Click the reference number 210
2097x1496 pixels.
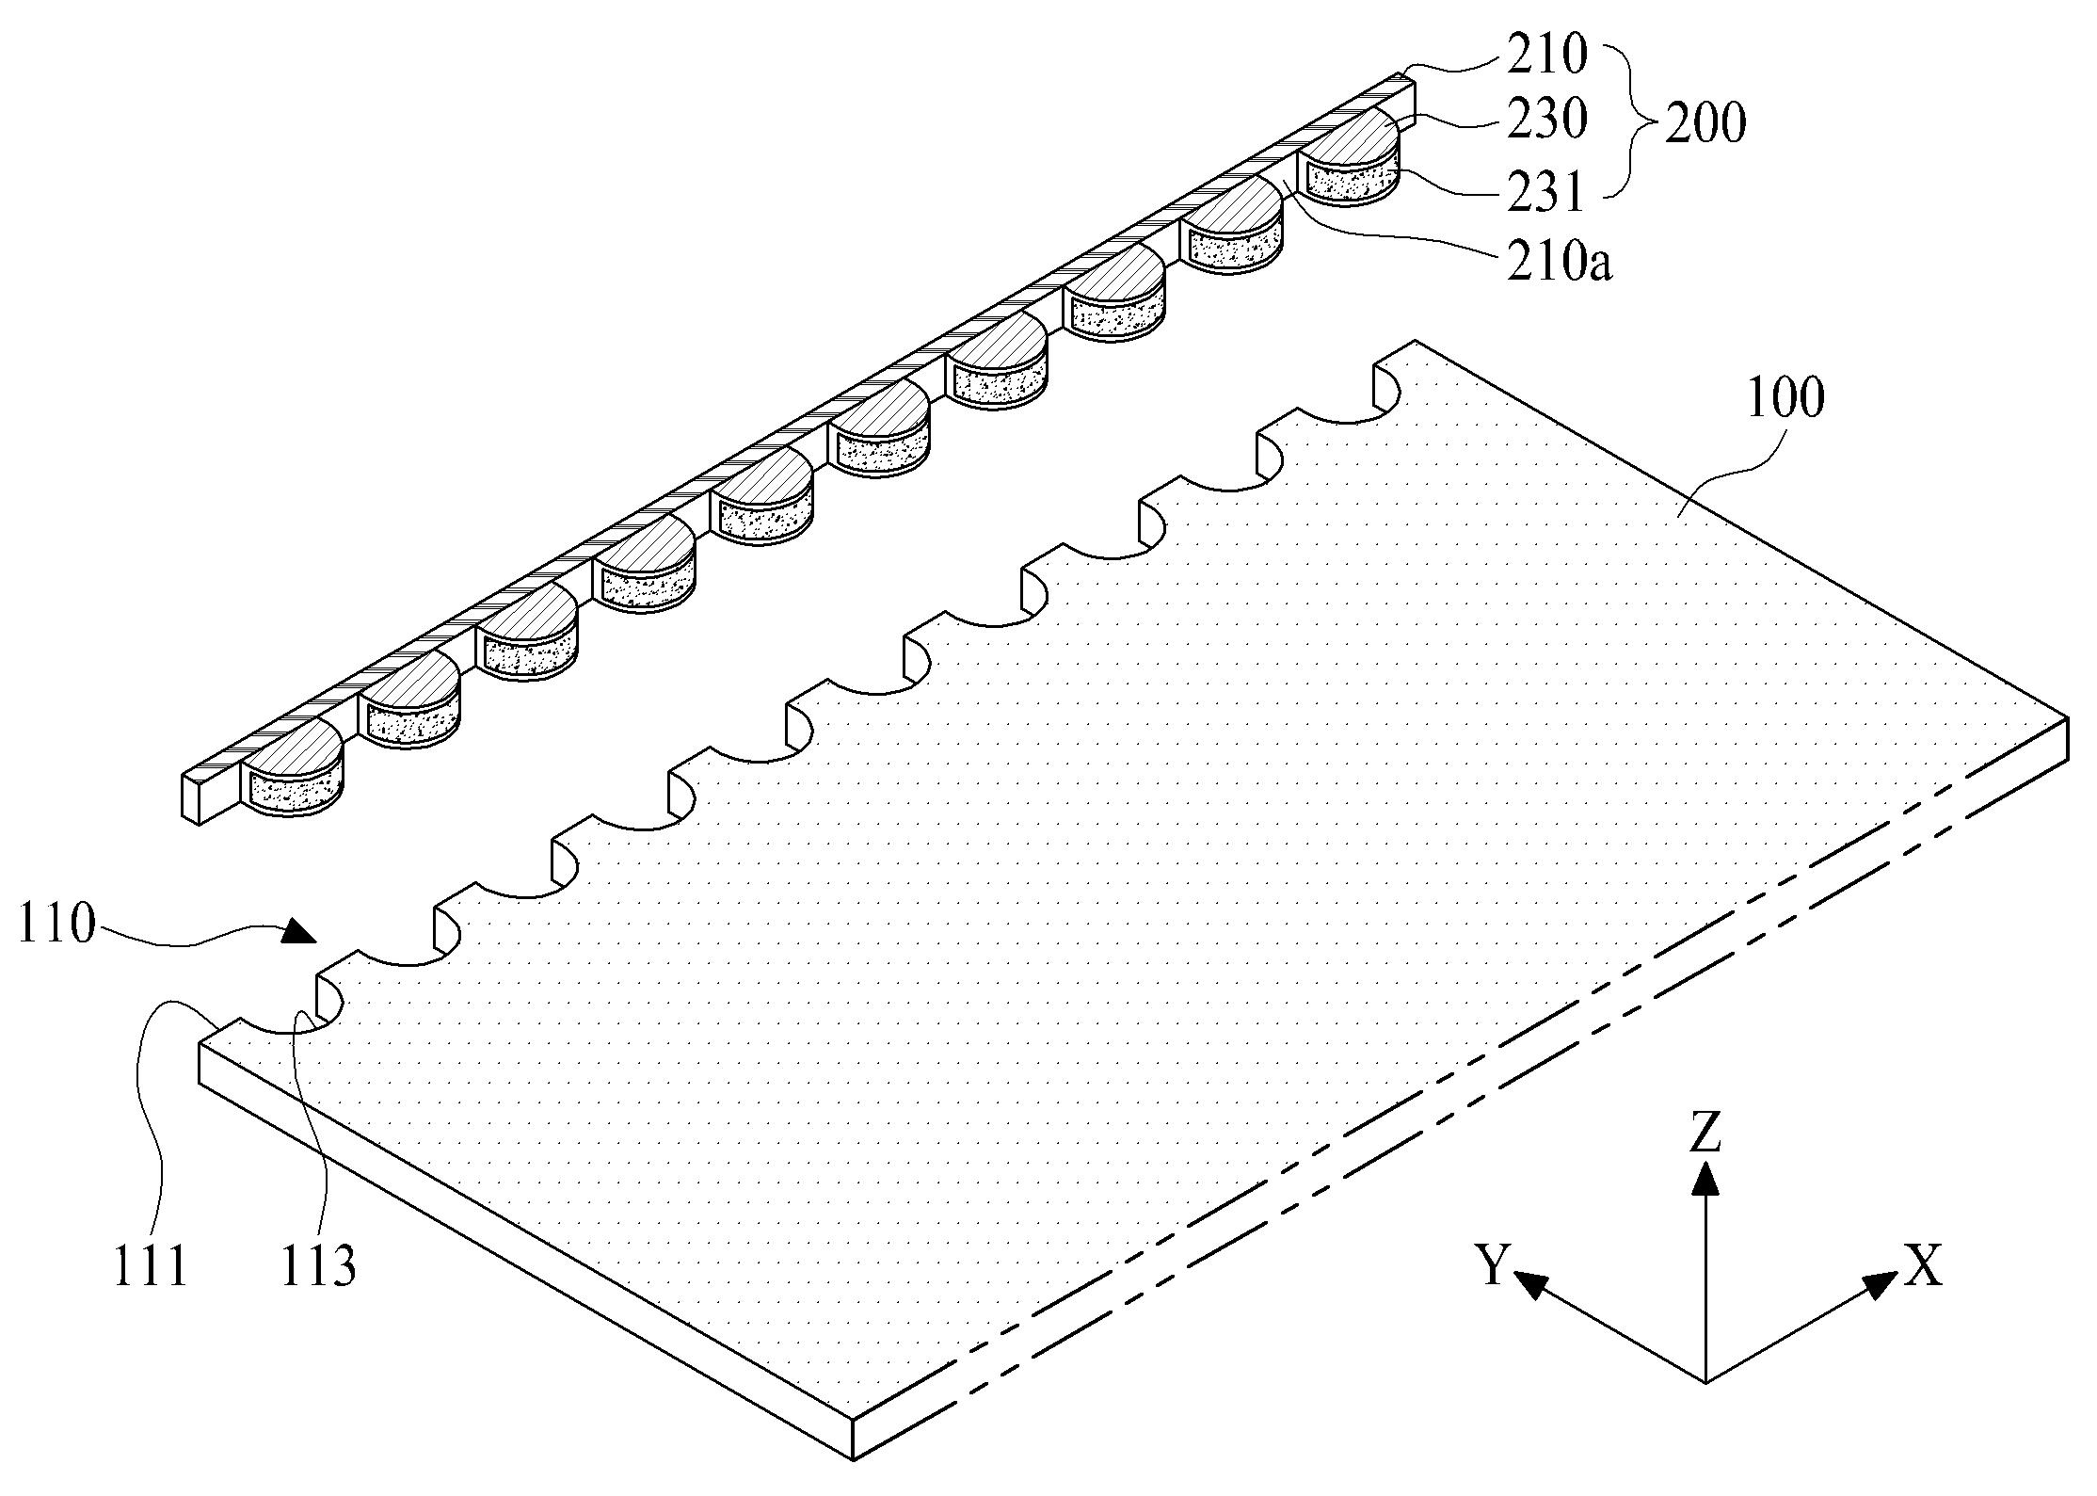tap(1546, 56)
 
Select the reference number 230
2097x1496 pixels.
tap(1546, 121)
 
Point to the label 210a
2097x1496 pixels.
tap(1559, 264)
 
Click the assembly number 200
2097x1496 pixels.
tap(1705, 124)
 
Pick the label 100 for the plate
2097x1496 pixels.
tap(1785, 397)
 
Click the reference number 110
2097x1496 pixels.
tap(56, 925)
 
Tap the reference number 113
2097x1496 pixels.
tap(319, 1267)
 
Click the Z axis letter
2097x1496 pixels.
tap(1705, 1134)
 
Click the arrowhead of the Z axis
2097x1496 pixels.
tap(1705, 1177)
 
